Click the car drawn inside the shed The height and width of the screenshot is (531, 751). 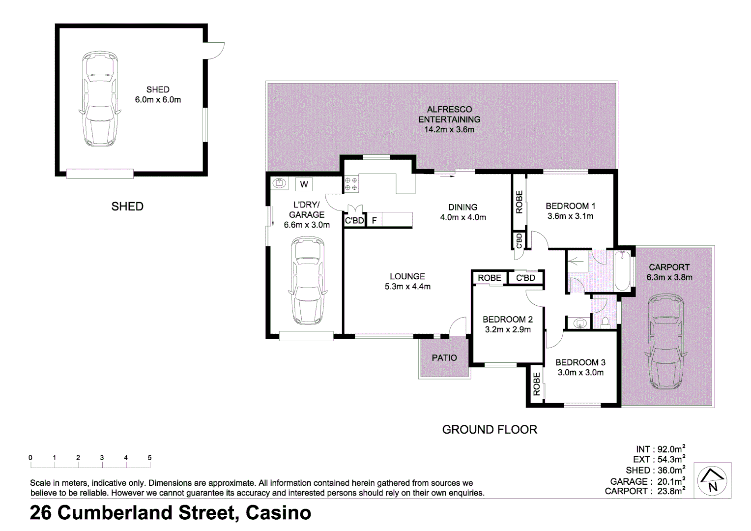point(100,100)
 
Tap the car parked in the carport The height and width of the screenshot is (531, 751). point(666,343)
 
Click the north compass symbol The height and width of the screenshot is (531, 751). point(713,480)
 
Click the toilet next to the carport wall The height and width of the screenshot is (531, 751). point(605,322)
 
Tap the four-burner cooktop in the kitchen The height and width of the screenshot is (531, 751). point(351,184)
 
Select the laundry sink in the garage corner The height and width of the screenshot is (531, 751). point(280,183)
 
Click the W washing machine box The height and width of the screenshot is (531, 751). point(304,184)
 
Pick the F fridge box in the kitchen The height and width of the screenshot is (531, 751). point(374,221)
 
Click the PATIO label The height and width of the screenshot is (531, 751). point(444,358)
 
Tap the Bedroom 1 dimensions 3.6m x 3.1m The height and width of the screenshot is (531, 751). point(570,216)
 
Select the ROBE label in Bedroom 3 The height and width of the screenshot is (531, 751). point(537,384)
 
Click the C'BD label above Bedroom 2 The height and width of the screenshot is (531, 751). point(525,278)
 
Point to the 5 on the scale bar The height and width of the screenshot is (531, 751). point(149,458)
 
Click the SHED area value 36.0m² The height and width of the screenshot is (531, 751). point(671,470)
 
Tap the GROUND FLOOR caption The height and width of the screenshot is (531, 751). point(490,430)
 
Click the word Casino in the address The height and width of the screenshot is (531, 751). point(278,513)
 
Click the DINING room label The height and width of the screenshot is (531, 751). point(462,207)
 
